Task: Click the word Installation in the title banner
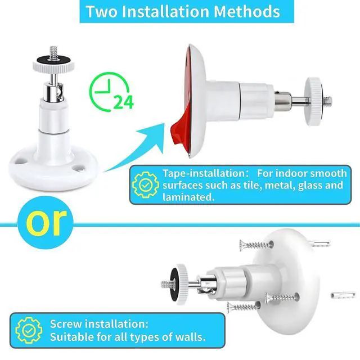click(x=165, y=11)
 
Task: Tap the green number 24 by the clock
click(x=124, y=102)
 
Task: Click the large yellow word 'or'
click(x=46, y=222)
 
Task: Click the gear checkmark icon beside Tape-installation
click(x=146, y=185)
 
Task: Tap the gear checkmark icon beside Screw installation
click(x=29, y=330)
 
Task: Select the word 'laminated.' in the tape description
click(x=188, y=197)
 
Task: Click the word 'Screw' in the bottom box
click(x=66, y=324)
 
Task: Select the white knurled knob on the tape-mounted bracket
click(x=313, y=101)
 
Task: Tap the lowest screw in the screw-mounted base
click(x=244, y=307)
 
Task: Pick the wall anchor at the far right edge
click(x=343, y=295)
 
